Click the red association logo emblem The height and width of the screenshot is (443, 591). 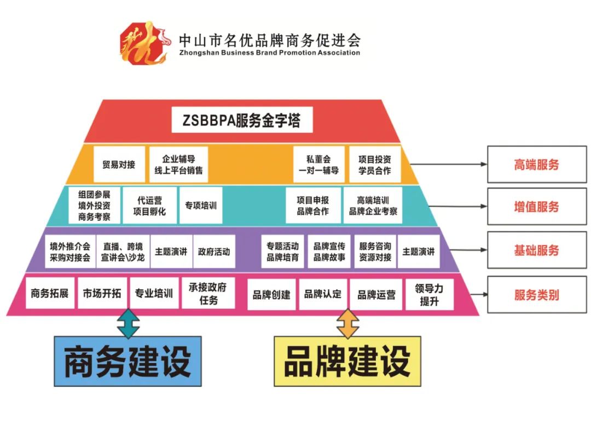143,43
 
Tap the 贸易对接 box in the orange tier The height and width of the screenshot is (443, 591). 119,164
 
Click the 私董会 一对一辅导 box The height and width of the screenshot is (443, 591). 318,164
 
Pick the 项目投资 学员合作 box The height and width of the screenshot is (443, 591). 375,164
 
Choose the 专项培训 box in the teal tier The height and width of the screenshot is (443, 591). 200,206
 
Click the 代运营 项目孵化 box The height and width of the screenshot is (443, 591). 149,206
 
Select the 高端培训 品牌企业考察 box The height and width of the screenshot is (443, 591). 373,206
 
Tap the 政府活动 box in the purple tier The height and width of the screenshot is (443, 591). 214,252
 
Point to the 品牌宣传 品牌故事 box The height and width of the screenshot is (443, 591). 329,252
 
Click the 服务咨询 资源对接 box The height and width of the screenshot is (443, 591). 375,252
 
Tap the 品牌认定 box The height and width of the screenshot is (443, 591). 323,294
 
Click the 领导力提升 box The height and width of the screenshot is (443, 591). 430,294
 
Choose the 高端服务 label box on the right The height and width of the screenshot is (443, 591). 536,165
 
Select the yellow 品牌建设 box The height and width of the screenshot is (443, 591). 347,361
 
